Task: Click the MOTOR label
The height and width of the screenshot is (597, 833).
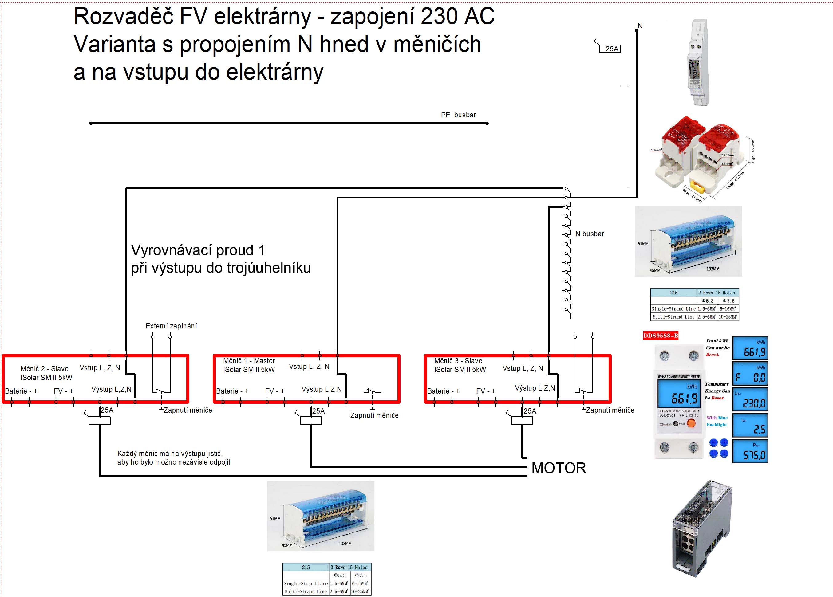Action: [x=558, y=468]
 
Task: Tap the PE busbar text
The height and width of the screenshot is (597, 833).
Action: [x=458, y=115]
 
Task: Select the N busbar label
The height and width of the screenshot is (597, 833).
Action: [x=589, y=234]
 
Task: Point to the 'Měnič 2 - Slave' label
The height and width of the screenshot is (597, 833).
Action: [x=45, y=369]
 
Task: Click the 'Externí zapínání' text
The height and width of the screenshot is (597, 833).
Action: [x=171, y=326]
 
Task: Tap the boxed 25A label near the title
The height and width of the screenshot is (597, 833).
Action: [x=610, y=49]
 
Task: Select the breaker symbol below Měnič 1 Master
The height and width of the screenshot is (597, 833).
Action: [x=311, y=420]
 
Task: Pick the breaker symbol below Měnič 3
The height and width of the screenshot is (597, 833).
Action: [x=522, y=420]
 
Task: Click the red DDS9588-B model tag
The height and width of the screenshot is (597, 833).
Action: [x=660, y=336]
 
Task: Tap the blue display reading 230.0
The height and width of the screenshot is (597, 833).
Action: [x=750, y=399]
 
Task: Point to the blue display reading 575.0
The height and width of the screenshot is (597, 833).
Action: [x=750, y=451]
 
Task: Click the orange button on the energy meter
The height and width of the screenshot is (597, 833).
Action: [x=691, y=423]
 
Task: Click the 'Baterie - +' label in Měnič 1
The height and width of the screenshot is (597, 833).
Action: [x=232, y=391]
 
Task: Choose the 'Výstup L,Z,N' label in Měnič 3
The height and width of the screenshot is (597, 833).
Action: [x=535, y=388]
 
